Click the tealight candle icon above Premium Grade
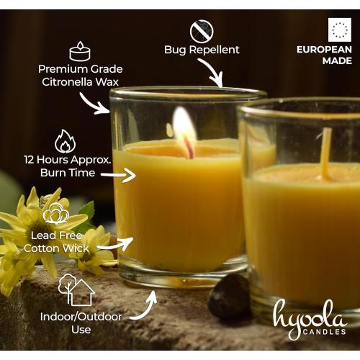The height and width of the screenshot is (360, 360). pyautogui.click(x=80, y=52)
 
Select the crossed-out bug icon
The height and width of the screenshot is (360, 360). pyautogui.click(x=202, y=31)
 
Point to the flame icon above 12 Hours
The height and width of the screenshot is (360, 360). pyautogui.click(x=65, y=140)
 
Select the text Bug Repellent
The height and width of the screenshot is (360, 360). pyautogui.click(x=202, y=50)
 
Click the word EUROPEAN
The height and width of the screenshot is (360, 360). pyautogui.click(x=325, y=50)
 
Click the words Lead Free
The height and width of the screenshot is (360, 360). pyautogui.click(x=56, y=235)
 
